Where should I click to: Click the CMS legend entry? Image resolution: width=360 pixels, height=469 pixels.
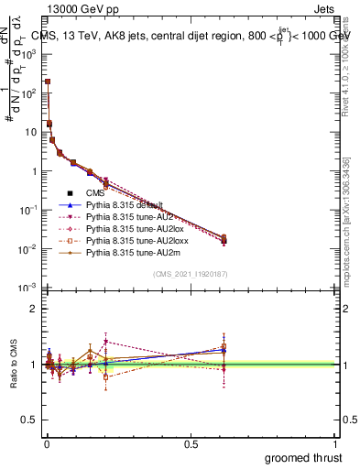[96, 193]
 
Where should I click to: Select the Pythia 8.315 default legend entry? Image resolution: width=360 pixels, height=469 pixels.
[125, 205]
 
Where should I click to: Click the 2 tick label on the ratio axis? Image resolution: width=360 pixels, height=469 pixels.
[35, 309]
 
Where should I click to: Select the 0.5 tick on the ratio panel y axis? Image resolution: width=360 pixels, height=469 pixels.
[30, 421]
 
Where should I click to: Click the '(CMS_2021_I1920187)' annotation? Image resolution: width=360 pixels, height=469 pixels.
[191, 275]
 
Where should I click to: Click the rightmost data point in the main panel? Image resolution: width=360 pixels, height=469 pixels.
[224, 240]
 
